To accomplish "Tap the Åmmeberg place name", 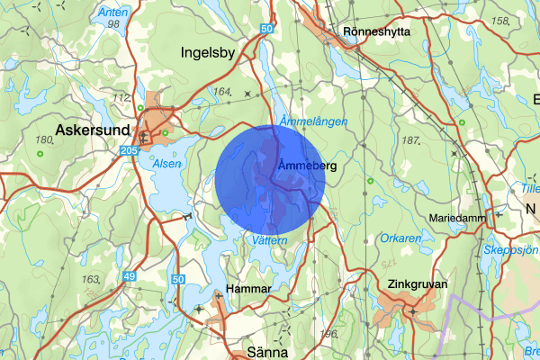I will [x=307, y=166].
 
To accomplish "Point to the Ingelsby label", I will [x=208, y=52].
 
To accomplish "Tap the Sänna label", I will [x=266, y=354].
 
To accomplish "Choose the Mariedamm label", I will [x=458, y=218].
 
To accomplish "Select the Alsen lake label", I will [x=166, y=165].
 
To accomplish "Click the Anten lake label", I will [x=112, y=13].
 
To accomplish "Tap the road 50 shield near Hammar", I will [x=178, y=281].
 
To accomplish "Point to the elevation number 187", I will [x=411, y=140].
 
